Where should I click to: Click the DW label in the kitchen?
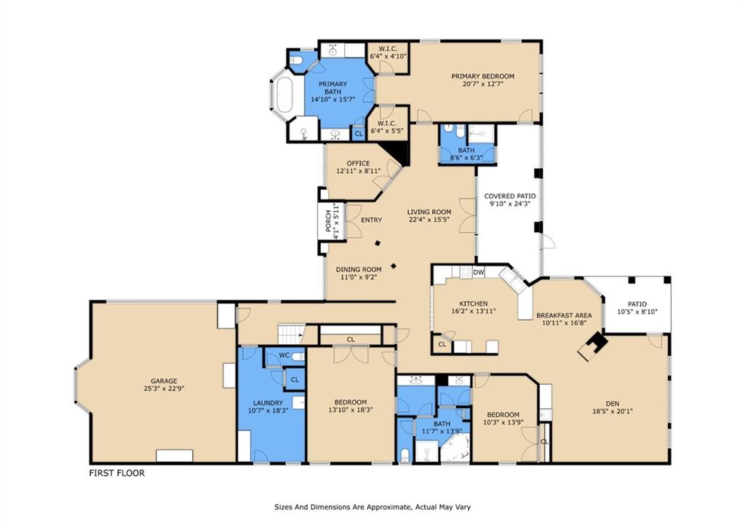click(479, 272)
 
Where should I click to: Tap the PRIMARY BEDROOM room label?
click(483, 76)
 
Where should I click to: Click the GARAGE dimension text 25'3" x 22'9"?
click(164, 388)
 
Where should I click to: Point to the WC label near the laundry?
click(284, 355)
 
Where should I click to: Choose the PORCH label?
click(328, 221)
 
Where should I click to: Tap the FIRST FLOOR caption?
click(117, 474)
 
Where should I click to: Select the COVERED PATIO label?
click(510, 196)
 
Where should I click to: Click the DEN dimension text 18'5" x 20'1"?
click(613, 412)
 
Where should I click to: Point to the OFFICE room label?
click(358, 163)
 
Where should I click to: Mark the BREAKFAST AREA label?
click(564, 315)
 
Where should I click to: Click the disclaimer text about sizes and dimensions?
click(372, 507)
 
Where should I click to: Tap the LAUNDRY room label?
click(268, 403)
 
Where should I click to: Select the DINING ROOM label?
click(359, 269)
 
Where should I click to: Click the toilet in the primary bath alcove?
click(297, 61)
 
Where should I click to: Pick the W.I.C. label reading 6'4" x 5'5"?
click(388, 127)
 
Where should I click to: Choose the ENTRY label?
click(372, 220)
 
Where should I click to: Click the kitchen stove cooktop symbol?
click(466, 272)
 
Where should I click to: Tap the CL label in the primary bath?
click(359, 134)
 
